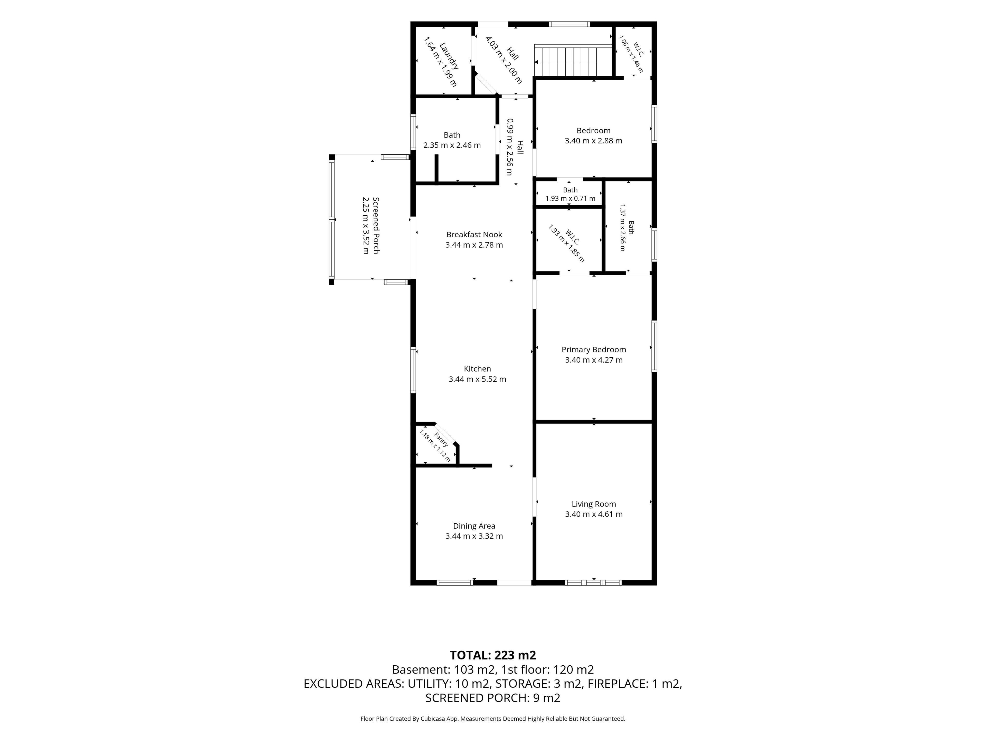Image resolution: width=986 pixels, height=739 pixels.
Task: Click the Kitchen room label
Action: click(477, 369)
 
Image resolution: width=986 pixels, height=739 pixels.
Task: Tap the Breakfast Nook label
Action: click(474, 234)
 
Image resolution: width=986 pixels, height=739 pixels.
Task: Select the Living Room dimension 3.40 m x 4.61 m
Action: click(594, 514)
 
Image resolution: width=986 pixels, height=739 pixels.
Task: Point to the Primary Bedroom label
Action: click(594, 350)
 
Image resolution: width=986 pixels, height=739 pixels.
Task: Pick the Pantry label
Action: click(441, 440)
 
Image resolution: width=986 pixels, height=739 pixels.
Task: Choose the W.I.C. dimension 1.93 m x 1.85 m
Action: click(566, 244)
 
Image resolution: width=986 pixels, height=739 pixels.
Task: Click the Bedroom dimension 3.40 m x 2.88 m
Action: click(594, 141)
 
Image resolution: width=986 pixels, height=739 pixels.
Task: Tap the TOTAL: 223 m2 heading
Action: click(493, 655)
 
